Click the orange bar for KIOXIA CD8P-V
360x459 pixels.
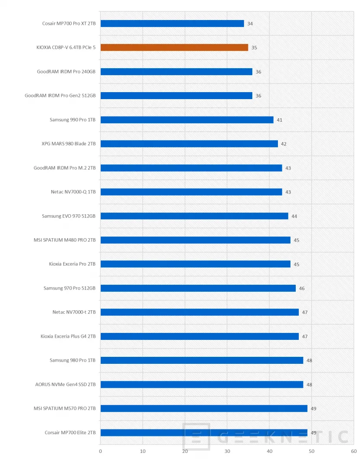pyautogui.click(x=174, y=47)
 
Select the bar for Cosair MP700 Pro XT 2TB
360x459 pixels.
pyautogui.click(x=172, y=23)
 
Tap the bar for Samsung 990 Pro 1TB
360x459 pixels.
pyautogui.click(x=187, y=120)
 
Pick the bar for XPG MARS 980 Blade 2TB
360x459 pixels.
pyautogui.click(x=189, y=144)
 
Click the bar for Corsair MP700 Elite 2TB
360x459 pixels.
pyautogui.click(x=204, y=432)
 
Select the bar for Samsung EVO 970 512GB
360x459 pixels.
pyautogui.click(x=194, y=216)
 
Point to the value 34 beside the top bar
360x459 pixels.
pyautogui.click(x=250, y=23)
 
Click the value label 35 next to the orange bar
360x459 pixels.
pyautogui.click(x=254, y=47)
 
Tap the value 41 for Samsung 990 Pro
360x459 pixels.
pyautogui.click(x=280, y=120)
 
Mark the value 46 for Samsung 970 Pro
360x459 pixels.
pyautogui.click(x=302, y=288)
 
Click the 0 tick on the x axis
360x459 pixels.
pyautogui.click(x=101, y=451)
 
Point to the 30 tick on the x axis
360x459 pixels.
pyautogui.click(x=227, y=451)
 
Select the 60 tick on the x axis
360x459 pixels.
pyautogui.click(x=354, y=451)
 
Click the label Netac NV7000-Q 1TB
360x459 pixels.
pyautogui.click(x=73, y=192)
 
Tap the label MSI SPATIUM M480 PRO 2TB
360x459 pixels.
pyautogui.click(x=65, y=240)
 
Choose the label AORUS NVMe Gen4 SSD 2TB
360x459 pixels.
pyautogui.click(x=66, y=384)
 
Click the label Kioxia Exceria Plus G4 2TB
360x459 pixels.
pyautogui.click(x=68, y=336)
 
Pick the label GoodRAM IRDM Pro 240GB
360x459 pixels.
pyautogui.click(x=66, y=72)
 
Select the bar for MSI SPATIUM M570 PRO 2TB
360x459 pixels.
pyautogui.click(x=204, y=409)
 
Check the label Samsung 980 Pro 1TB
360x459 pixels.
pyautogui.click(x=73, y=360)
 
